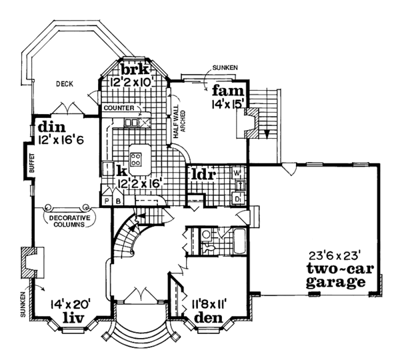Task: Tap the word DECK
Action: tap(65, 83)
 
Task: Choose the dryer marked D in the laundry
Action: tap(237, 198)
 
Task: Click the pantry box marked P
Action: tap(105, 199)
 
